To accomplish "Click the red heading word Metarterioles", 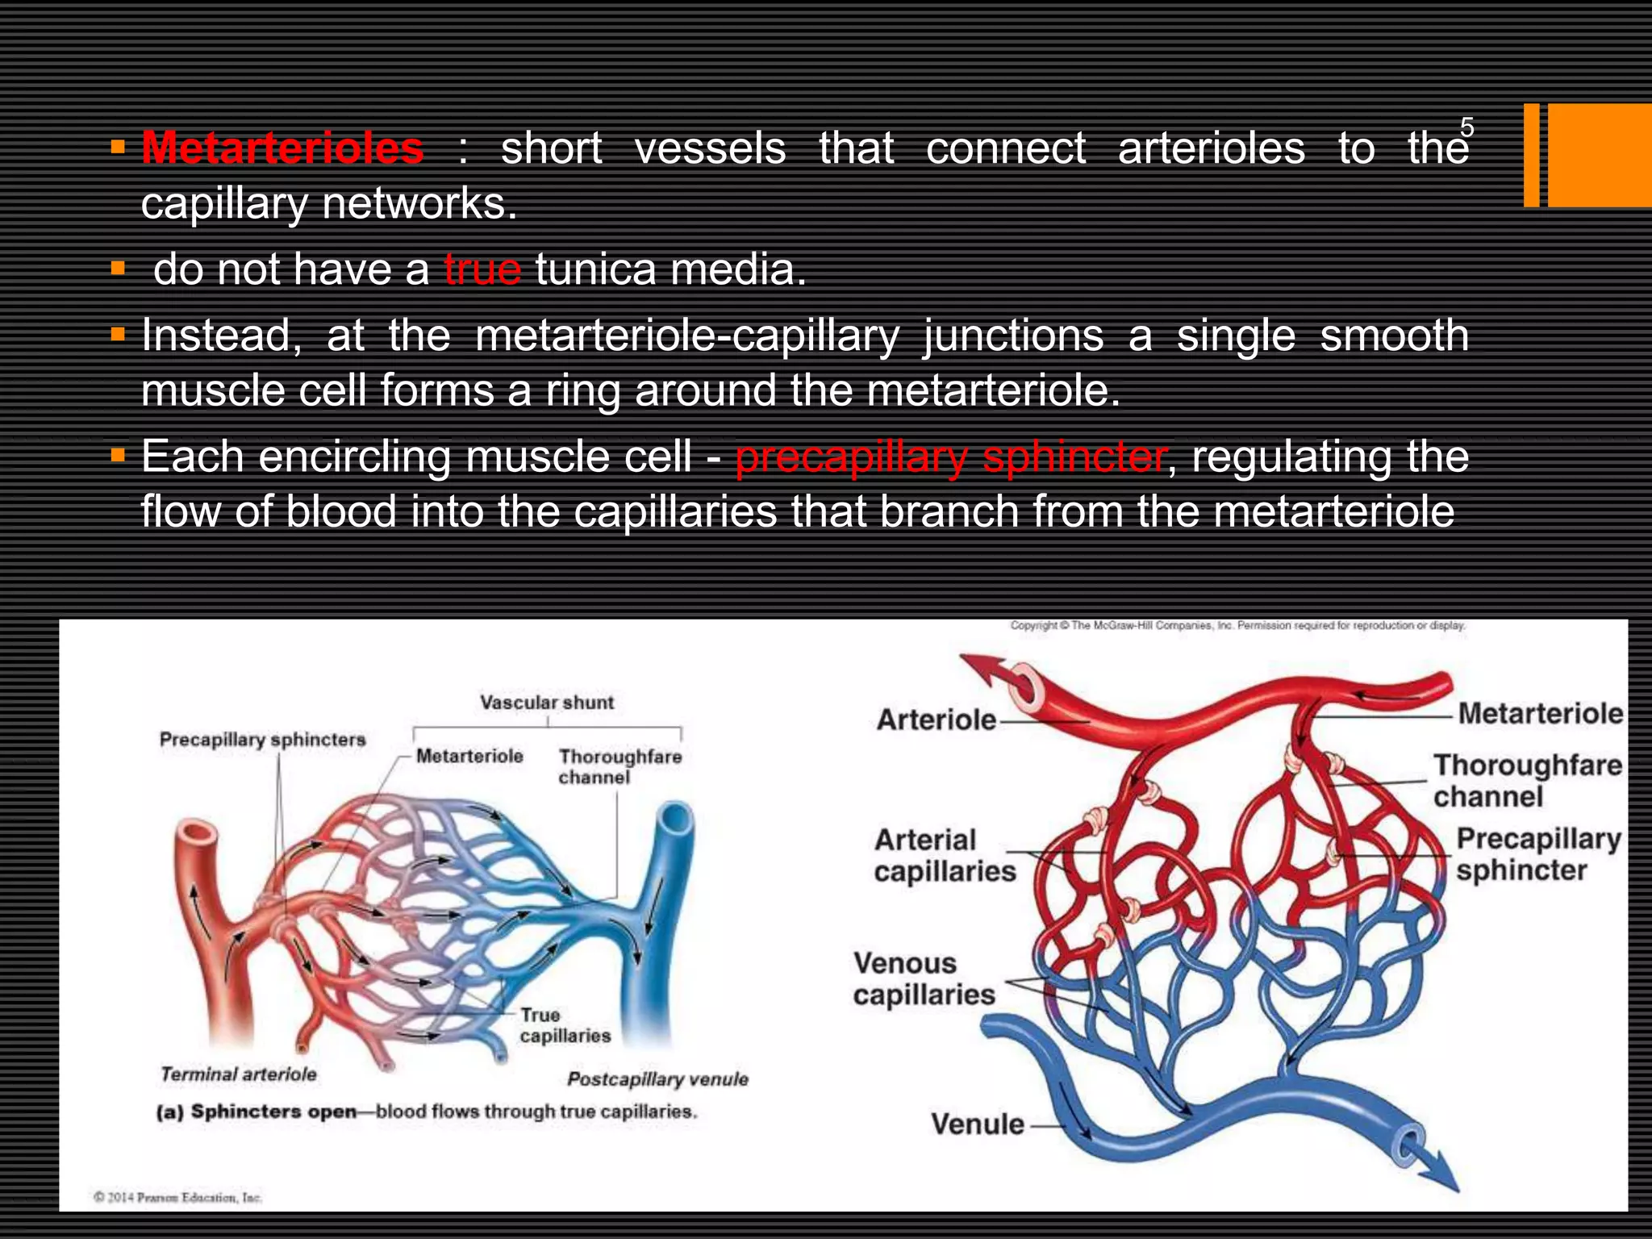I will (x=282, y=148).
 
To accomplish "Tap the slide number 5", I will (x=1466, y=127).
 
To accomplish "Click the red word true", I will (x=482, y=269).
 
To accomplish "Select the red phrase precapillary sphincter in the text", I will (x=950, y=457).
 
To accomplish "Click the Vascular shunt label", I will (x=547, y=703).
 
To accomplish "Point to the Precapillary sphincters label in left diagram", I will (x=262, y=740).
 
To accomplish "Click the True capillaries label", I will (x=565, y=1025).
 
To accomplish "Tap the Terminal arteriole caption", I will (x=239, y=1074).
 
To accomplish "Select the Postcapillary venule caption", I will (x=657, y=1079).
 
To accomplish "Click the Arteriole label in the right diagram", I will (x=937, y=720).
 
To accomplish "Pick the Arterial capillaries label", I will (x=945, y=856).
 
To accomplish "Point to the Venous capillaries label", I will (x=924, y=979).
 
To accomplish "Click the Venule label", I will (x=978, y=1124).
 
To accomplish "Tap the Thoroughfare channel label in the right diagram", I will (x=1527, y=780).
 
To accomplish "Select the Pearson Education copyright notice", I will (x=177, y=1197).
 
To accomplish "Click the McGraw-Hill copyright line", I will (x=1237, y=625).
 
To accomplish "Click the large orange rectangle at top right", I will (x=1599, y=156).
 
